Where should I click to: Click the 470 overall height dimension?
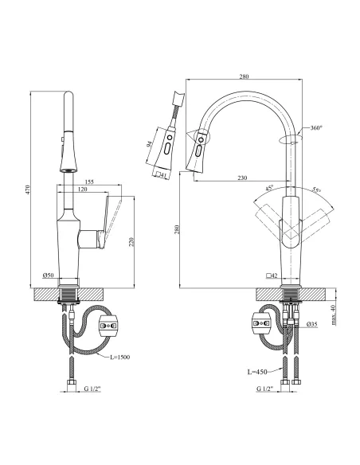[x=27, y=190]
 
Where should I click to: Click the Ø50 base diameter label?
[x=48, y=275]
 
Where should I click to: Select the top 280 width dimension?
[x=244, y=76]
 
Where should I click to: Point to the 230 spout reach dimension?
[x=241, y=177]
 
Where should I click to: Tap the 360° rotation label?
[x=315, y=128]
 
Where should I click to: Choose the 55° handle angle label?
[x=315, y=191]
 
